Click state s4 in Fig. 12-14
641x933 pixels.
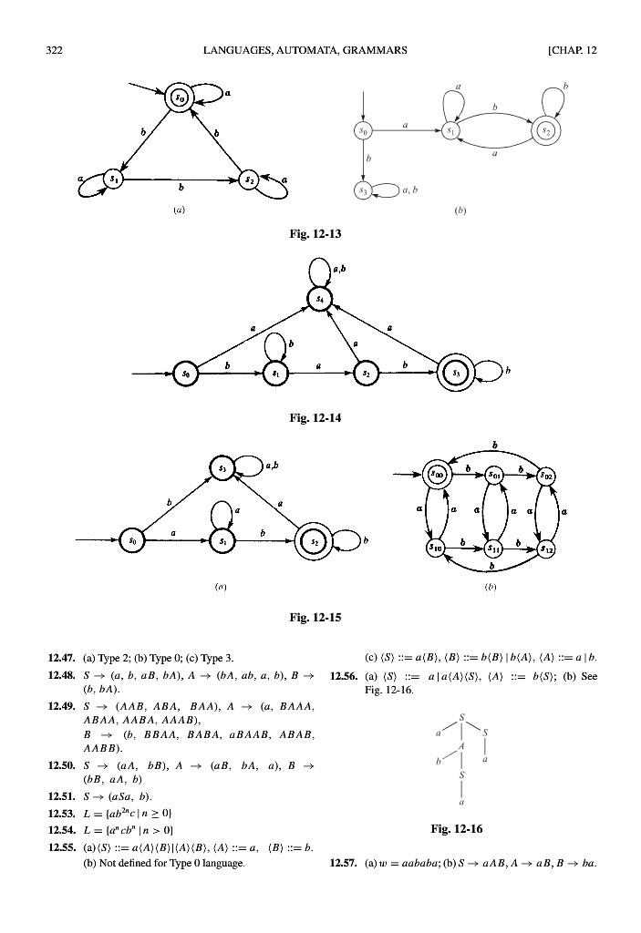(x=319, y=299)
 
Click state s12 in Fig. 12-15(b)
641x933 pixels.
(x=545, y=549)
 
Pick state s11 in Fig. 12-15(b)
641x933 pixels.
(x=493, y=549)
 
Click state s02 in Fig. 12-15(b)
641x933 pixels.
(x=545, y=474)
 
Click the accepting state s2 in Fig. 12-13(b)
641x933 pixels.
(x=546, y=131)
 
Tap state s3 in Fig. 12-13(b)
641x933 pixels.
(x=364, y=190)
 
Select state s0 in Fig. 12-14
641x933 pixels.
(x=185, y=374)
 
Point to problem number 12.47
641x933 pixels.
(x=61, y=656)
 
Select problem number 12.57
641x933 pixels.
(x=341, y=861)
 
